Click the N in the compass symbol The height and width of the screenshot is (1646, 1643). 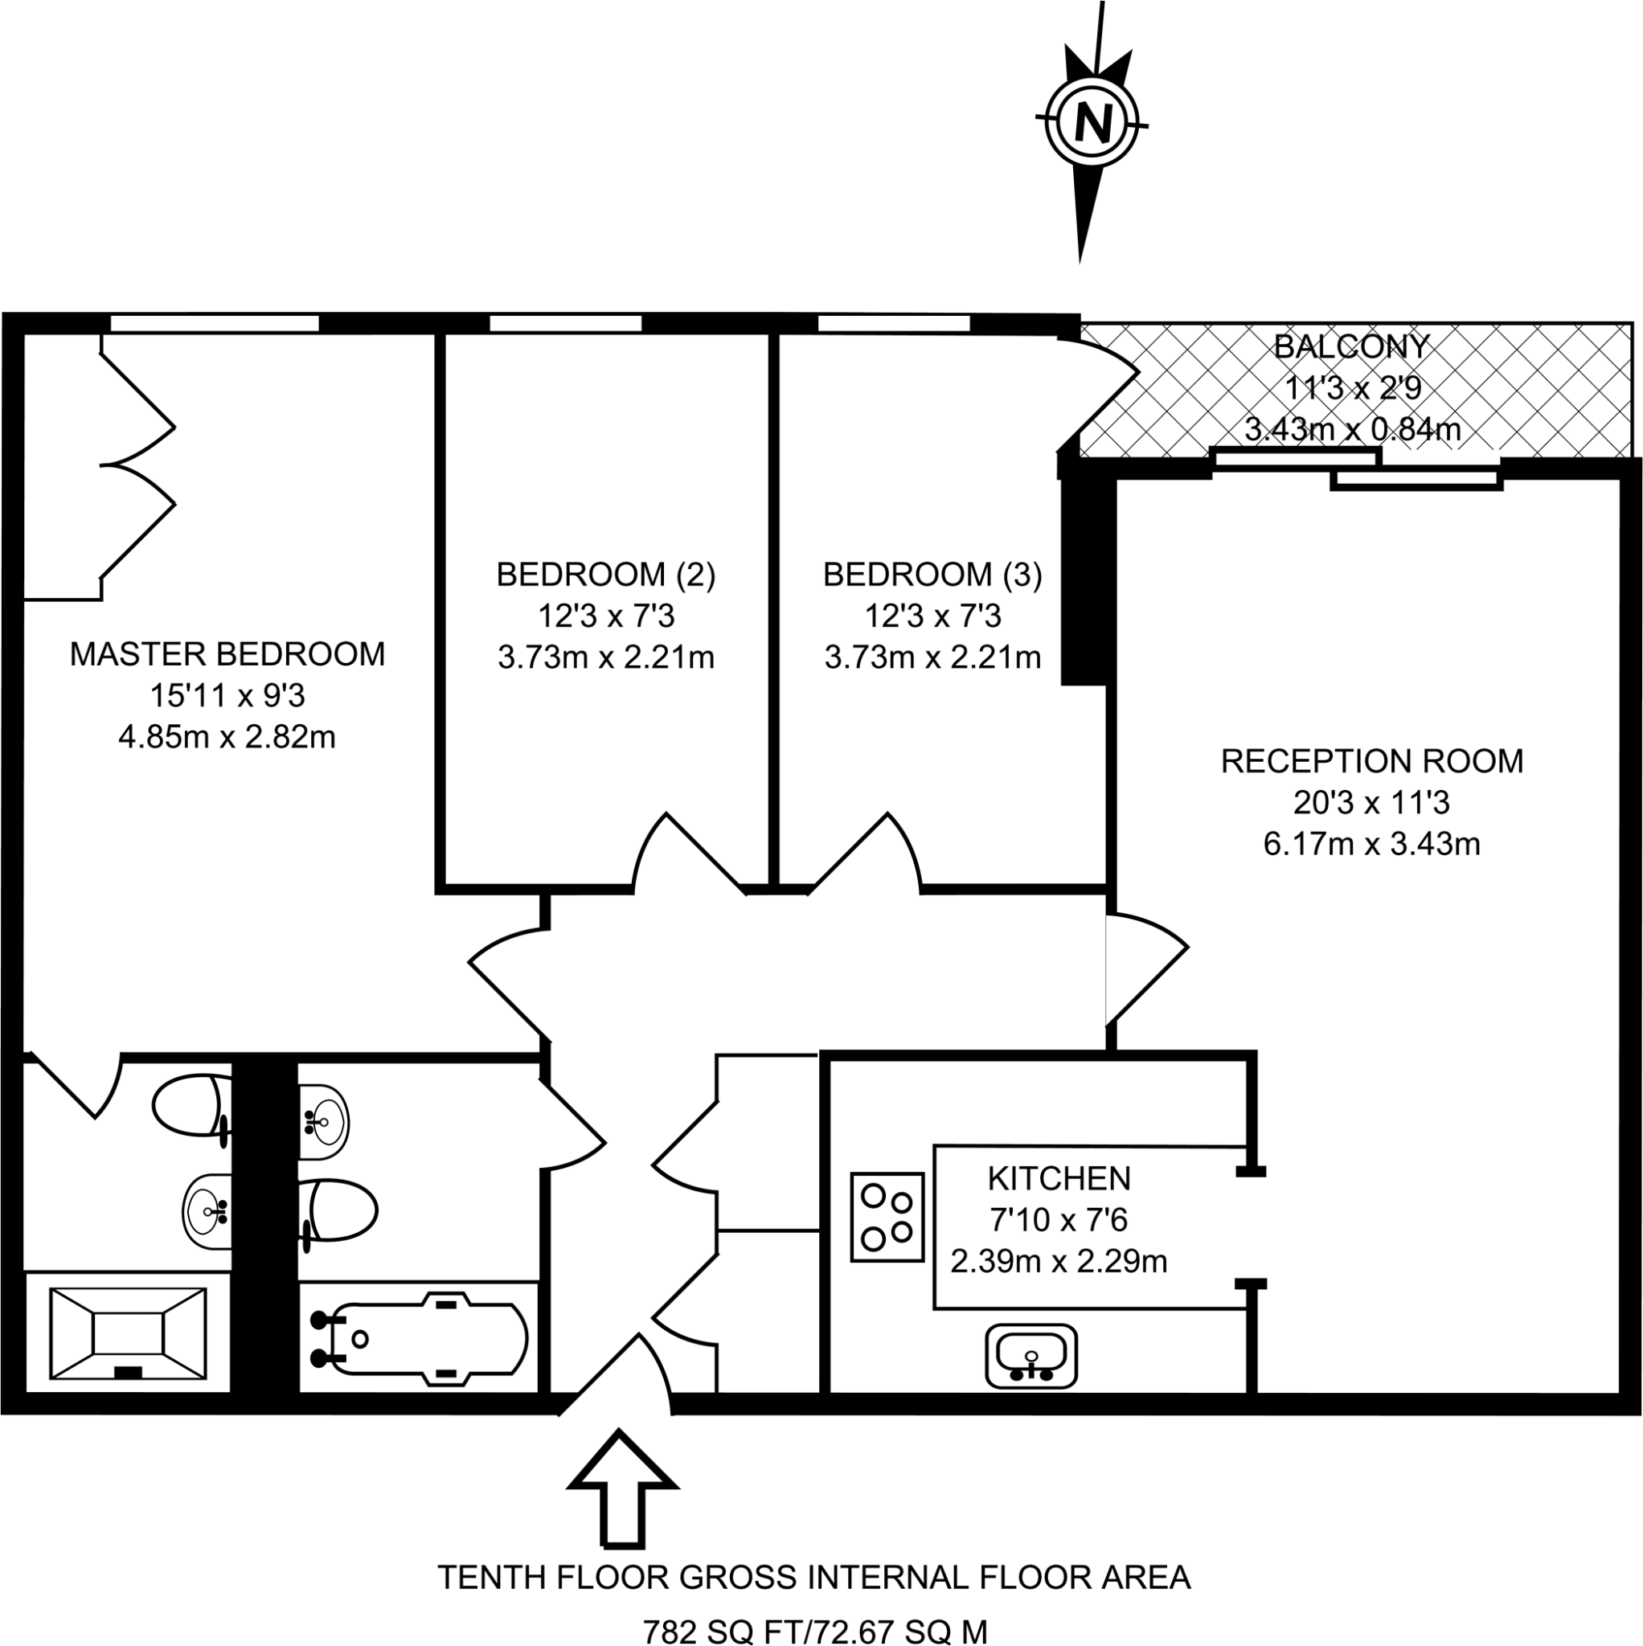[1092, 125]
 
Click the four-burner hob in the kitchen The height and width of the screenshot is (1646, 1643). [887, 1218]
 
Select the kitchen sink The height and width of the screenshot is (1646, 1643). [1031, 1356]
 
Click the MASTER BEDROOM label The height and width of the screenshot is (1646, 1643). [227, 654]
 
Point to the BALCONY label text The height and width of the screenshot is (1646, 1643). [1350, 346]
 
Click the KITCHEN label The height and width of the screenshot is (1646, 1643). [1059, 1179]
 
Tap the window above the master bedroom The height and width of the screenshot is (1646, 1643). [214, 324]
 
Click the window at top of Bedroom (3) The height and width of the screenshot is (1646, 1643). [893, 324]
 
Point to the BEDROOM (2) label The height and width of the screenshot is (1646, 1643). [606, 575]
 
